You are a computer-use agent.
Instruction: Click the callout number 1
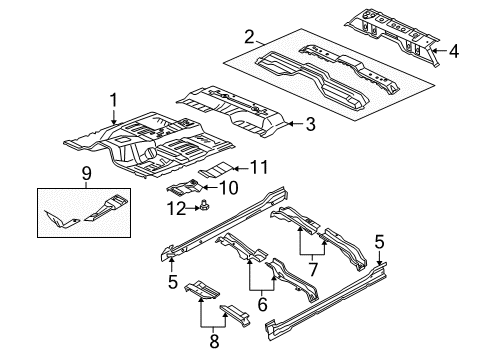pyautogui.click(x=115, y=99)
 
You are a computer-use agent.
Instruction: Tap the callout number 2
pyautogui.click(x=249, y=39)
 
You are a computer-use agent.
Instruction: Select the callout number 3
pyautogui.click(x=310, y=124)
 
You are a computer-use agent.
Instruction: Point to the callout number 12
pyautogui.click(x=176, y=207)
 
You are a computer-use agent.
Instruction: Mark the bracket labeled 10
pyautogui.click(x=187, y=186)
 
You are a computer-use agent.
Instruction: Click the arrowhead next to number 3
pyautogui.click(x=292, y=124)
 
